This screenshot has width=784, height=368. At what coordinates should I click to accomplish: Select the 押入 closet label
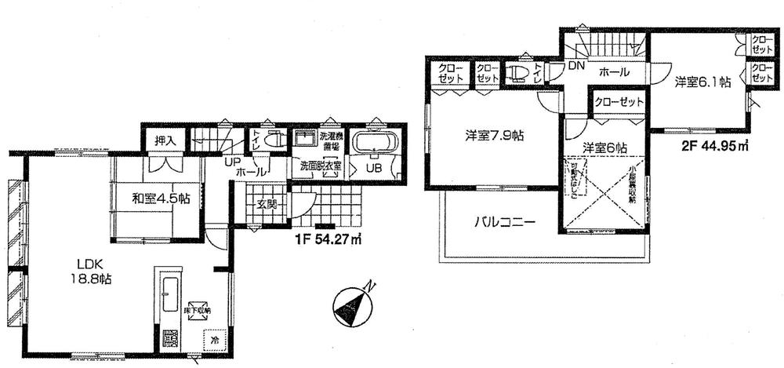(164, 141)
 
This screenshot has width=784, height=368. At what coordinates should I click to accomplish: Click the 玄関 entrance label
(266, 205)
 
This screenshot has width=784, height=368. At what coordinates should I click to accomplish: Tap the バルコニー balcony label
(506, 222)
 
